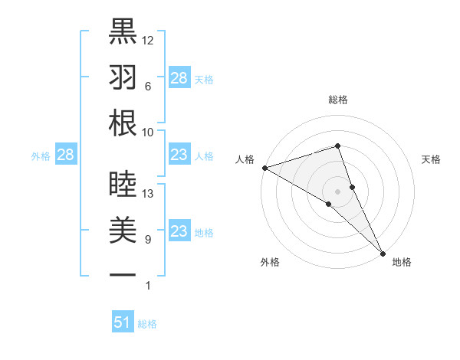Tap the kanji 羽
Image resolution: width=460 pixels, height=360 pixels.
[123, 77]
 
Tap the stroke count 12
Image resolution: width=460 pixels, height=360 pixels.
[148, 40]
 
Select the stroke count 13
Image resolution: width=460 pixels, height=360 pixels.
[148, 194]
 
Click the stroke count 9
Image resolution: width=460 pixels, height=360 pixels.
[148, 240]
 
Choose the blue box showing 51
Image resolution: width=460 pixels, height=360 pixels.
[123, 322]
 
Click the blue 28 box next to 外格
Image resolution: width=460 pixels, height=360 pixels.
[65, 155]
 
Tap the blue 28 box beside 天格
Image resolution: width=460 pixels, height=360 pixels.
[179, 78]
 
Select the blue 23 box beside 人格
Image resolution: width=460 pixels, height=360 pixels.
[179, 155]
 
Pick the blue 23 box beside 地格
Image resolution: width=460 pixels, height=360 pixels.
[179, 231]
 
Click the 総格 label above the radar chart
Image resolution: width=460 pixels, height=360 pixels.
[337, 100]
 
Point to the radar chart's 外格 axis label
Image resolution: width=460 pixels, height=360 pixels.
[270, 262]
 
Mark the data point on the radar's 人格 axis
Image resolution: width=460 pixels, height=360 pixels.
[264, 167]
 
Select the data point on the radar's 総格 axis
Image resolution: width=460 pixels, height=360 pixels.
[337, 146]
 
